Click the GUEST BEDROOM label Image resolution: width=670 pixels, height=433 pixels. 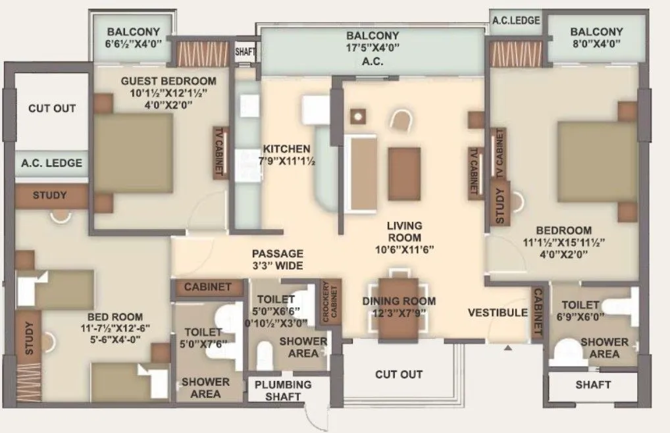[168, 81]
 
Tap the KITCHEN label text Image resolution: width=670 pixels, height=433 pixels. [282, 148]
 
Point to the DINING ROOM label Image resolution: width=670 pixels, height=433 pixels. [399, 301]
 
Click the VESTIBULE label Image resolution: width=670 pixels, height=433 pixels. [498, 313]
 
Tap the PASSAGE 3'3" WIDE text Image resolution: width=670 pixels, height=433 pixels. [278, 259]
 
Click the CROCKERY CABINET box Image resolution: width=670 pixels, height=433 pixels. [328, 303]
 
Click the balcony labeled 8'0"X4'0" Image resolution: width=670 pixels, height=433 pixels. [596, 38]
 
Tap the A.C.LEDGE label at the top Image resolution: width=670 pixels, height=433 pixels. [516, 20]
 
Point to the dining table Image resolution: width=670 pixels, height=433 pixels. [399, 309]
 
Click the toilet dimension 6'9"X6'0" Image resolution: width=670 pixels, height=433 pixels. [580, 316]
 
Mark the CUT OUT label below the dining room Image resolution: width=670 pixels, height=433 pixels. [399, 374]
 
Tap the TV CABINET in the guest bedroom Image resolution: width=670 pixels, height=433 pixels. [218, 152]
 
